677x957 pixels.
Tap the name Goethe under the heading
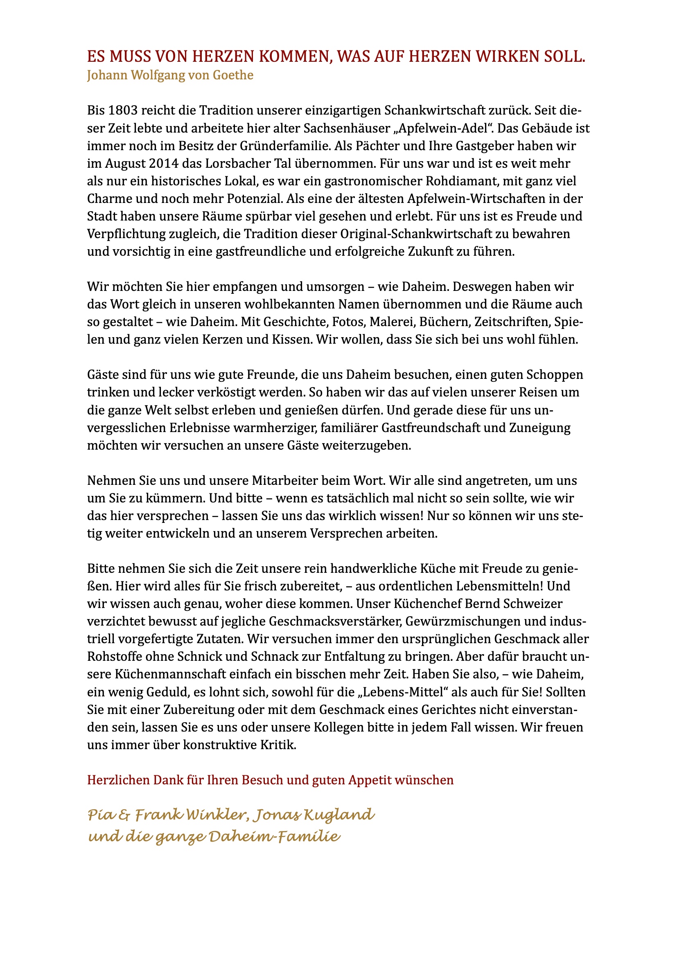point(233,75)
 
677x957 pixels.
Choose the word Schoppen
point(555,375)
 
